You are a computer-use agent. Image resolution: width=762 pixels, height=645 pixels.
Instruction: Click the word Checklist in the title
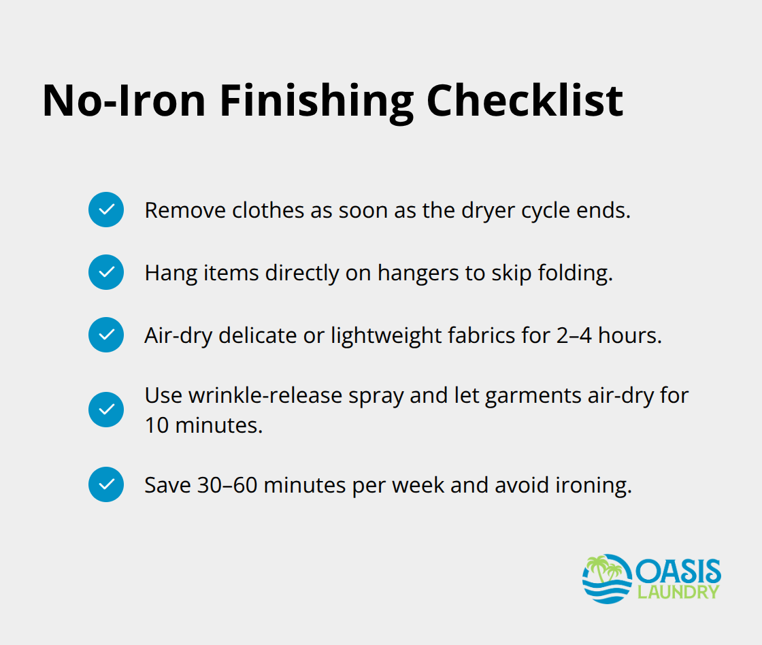[525, 101]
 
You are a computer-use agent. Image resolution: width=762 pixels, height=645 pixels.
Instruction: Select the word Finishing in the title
[317, 101]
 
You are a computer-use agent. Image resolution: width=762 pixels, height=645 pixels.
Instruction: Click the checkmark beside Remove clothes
[106, 210]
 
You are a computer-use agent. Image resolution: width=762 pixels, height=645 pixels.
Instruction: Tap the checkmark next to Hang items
[106, 272]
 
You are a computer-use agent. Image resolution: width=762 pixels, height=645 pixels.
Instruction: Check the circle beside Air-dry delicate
[106, 335]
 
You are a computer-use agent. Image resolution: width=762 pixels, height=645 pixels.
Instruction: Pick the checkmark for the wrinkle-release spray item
[106, 410]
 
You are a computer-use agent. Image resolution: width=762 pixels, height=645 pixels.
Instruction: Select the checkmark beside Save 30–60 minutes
[106, 484]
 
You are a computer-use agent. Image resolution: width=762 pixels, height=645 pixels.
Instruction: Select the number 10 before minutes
[156, 425]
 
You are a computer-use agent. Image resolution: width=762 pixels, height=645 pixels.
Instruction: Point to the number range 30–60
[227, 485]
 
